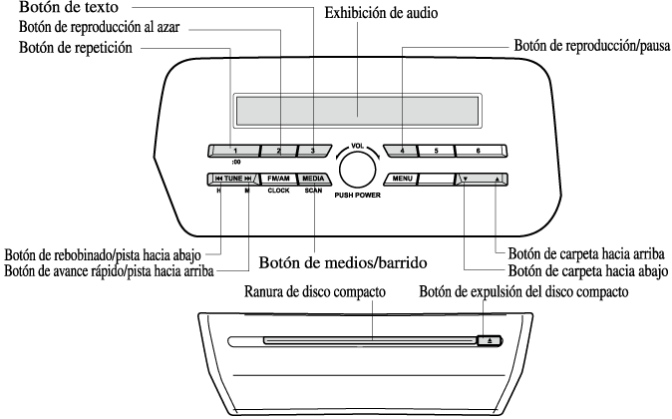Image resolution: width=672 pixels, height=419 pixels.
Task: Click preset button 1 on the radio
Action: pos(234,151)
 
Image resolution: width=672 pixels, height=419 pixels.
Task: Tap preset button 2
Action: pos(278,151)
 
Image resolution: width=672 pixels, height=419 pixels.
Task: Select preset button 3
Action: pos(314,151)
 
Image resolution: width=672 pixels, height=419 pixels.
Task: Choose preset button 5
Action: pos(437,151)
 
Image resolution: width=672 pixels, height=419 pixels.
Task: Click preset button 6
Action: pos(481,151)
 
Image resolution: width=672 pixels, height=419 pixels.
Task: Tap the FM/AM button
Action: pos(278,179)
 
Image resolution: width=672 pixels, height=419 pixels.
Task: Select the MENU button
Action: pos(401,179)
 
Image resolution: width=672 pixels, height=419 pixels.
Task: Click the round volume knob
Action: pos(357,170)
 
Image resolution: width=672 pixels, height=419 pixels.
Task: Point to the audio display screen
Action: pos(357,110)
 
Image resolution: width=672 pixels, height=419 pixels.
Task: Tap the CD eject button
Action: pos(490,341)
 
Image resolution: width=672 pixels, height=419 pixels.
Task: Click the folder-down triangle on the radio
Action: pos(466,179)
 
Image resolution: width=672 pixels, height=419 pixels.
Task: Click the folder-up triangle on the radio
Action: pos(497,179)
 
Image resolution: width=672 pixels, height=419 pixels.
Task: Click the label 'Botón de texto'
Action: pos(69,7)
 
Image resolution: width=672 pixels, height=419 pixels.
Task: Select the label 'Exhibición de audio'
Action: pos(381,13)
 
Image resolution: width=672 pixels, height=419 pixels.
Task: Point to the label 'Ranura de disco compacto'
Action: pos(315,292)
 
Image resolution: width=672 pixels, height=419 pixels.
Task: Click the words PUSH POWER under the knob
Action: pos(357,196)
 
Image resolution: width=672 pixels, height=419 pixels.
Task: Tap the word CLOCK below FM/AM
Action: pos(278,191)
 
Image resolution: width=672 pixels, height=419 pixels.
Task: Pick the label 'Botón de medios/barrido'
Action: pos(343,262)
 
